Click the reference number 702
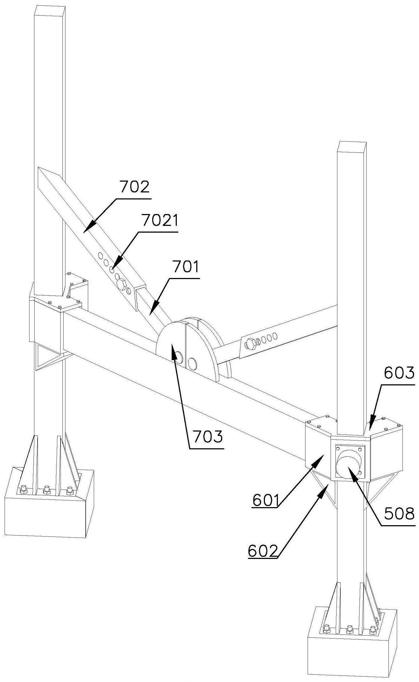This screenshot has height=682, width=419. (135, 187)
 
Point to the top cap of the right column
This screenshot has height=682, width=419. (351, 147)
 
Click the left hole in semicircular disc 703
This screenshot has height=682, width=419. (178, 357)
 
